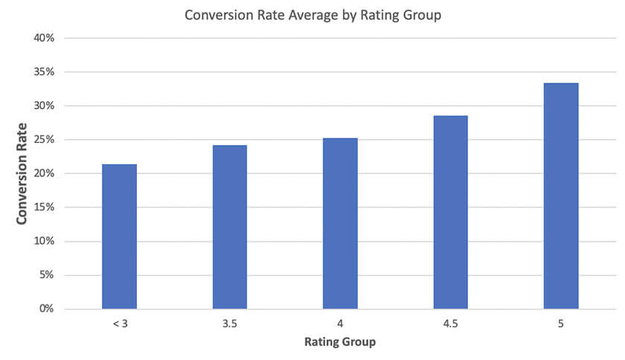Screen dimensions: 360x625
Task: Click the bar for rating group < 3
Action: click(119, 237)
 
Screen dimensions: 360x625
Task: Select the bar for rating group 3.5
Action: click(229, 227)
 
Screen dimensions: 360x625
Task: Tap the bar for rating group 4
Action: click(340, 223)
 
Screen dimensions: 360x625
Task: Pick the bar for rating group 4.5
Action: click(450, 212)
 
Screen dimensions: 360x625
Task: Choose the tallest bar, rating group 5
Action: click(560, 196)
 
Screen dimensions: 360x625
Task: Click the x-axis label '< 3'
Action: click(119, 324)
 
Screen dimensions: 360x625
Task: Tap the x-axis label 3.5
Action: click(229, 324)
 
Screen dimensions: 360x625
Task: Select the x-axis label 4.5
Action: click(450, 324)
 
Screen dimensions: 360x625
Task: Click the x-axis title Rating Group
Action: click(339, 343)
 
